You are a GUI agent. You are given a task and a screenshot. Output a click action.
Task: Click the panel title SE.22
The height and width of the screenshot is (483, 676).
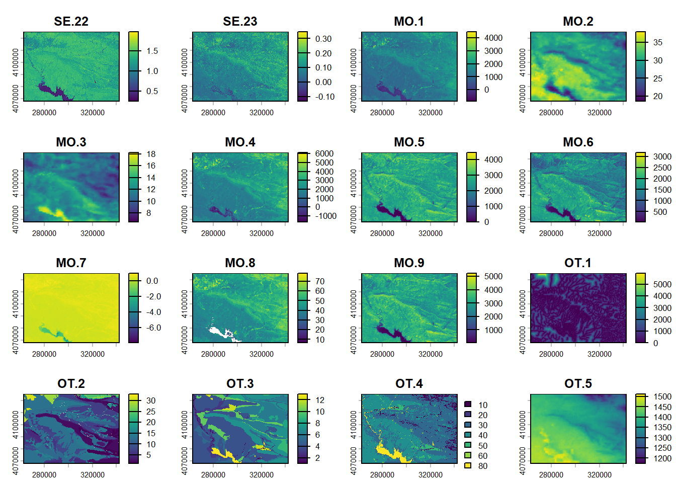(x=71, y=22)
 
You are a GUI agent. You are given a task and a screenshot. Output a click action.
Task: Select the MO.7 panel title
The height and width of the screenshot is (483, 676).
(x=71, y=263)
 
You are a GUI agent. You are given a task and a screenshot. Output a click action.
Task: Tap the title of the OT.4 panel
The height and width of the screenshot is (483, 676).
(x=409, y=384)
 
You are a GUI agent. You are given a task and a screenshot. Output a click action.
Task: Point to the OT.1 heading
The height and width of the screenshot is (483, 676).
(x=578, y=263)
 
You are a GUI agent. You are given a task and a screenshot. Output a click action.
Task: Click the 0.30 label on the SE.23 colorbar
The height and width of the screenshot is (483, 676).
(x=323, y=39)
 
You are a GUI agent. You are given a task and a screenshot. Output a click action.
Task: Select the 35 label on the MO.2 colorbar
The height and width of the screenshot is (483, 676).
(x=657, y=42)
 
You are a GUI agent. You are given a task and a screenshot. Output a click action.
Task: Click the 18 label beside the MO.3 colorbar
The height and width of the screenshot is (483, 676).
(x=151, y=154)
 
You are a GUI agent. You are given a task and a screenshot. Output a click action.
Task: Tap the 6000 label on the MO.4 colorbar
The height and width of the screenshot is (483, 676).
(x=324, y=153)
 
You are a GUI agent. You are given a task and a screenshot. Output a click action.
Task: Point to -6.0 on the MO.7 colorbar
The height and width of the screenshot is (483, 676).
(x=152, y=328)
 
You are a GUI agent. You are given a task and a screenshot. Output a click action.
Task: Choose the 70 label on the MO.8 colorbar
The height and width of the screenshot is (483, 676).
(x=320, y=281)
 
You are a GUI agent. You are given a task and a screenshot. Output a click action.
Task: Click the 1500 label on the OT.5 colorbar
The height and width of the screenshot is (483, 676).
(x=662, y=396)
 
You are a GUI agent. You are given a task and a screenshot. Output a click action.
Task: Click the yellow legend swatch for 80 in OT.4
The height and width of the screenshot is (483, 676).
(x=468, y=466)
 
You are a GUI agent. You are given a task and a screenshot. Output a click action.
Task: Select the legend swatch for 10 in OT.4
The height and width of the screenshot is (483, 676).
(x=468, y=405)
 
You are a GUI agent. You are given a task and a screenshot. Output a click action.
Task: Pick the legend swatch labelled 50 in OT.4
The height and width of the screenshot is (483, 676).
(x=468, y=445)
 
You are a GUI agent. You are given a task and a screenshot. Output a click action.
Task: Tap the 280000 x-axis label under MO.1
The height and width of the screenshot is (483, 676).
(x=382, y=113)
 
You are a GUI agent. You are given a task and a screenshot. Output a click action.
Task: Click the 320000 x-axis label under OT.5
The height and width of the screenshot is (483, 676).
(x=600, y=475)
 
